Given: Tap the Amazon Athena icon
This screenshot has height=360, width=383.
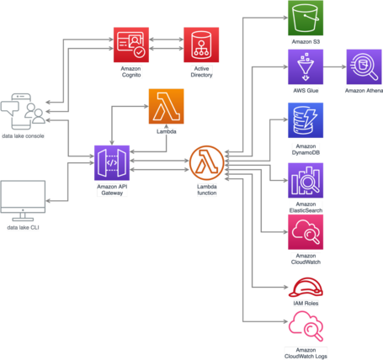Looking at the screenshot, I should click(364, 66).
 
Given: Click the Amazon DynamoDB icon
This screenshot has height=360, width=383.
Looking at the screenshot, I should click(306, 119).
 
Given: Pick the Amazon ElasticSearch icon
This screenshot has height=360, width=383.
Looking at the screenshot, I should click(306, 179).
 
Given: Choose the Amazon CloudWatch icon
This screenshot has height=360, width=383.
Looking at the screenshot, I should click(306, 232).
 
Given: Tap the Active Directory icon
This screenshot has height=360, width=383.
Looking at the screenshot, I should click(202, 45).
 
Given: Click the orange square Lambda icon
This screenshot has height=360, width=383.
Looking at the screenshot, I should click(166, 106).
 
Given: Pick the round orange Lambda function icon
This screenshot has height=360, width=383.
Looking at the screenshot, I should click(206, 161).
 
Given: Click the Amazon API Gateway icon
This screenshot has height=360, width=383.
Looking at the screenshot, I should click(112, 162).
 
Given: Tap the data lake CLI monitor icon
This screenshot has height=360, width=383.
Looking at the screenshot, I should click(23, 200).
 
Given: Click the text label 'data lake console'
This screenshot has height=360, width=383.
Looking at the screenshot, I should click(23, 135).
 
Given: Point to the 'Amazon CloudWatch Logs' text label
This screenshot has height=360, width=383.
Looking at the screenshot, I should click(306, 352).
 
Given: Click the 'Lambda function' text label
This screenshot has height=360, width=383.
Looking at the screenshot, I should click(206, 189).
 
